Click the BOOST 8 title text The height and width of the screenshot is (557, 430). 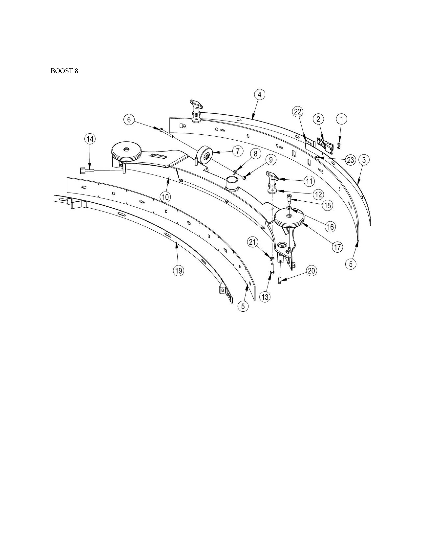(x=64, y=71)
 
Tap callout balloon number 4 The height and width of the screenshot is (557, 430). (x=259, y=95)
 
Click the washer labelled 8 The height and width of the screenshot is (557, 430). (x=234, y=174)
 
